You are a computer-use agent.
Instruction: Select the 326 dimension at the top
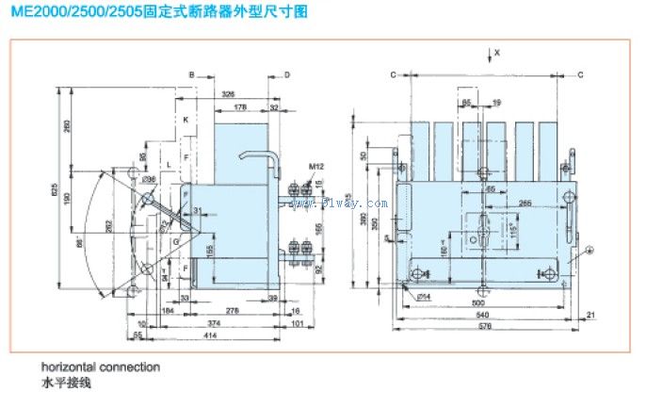[x=229, y=94]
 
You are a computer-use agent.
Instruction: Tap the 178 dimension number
[x=241, y=107]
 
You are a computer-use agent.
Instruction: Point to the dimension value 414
[x=185, y=334]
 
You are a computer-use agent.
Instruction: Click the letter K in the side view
[x=186, y=120]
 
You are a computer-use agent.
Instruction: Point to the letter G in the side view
[x=174, y=242]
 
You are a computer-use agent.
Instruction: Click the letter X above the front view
[x=498, y=53]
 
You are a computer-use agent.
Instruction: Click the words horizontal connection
[x=100, y=366]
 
